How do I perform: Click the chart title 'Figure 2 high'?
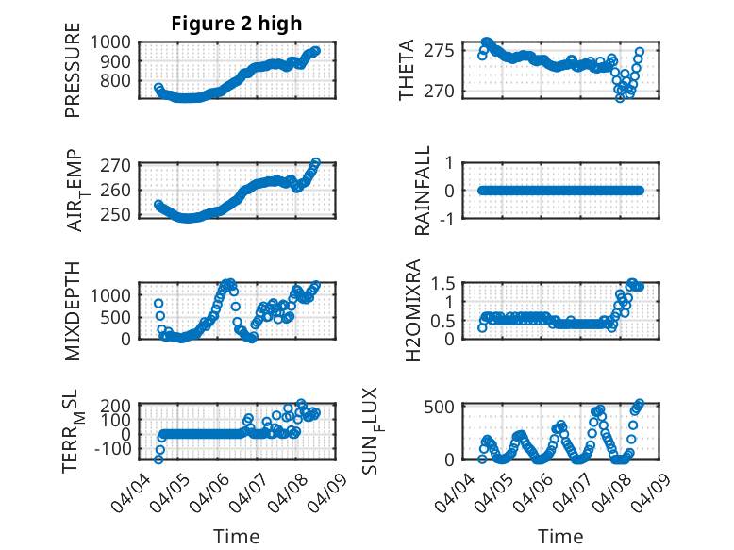pos(236,24)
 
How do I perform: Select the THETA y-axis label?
pos(407,71)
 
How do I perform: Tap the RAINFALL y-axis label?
pos(424,191)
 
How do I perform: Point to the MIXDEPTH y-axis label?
pos(73,312)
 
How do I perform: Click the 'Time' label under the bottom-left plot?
pos(236,537)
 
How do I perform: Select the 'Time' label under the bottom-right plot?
pos(561,537)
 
